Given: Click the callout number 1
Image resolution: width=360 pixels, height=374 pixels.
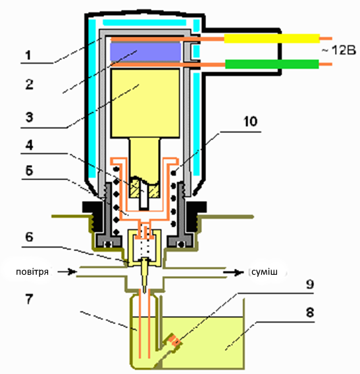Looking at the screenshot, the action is tap(28, 55).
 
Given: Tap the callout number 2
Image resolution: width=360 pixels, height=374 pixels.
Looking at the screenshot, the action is tap(29, 84).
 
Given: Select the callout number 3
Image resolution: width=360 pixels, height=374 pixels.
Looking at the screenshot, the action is tap(29, 118).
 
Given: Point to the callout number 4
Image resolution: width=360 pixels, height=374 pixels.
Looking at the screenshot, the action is tap(29, 145).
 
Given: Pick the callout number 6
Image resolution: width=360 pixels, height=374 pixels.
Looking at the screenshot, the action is tap(29, 237).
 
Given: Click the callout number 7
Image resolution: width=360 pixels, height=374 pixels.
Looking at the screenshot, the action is tap(29, 299).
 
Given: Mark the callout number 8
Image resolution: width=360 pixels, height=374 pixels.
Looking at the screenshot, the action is tap(310, 312).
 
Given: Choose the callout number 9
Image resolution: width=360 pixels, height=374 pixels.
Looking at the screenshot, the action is tap(310, 284).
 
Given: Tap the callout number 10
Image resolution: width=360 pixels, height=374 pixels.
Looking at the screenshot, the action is tap(250, 122).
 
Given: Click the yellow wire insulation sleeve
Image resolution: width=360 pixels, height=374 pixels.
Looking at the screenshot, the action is tap(272, 38).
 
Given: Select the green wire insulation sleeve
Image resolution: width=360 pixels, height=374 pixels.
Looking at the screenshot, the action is tap(272, 64).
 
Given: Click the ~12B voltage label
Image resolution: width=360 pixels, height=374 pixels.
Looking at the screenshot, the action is tap(338, 51).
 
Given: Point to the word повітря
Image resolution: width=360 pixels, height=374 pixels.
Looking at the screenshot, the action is tap(32, 271).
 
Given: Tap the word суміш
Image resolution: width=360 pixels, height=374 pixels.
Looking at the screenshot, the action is tap(265, 271).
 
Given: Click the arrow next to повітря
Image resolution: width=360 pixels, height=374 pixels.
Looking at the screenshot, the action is tap(66, 271).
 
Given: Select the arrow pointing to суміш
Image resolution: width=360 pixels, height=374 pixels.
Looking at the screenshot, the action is tap(234, 272).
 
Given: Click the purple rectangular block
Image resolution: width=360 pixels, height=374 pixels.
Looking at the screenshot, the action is tap(145, 52).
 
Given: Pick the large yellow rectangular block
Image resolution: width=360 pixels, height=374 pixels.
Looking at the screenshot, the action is tap(145, 103).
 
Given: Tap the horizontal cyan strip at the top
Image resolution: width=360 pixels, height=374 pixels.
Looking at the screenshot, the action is tap(145, 22).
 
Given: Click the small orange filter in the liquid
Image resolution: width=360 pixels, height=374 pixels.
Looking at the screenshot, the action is tap(175, 340).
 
